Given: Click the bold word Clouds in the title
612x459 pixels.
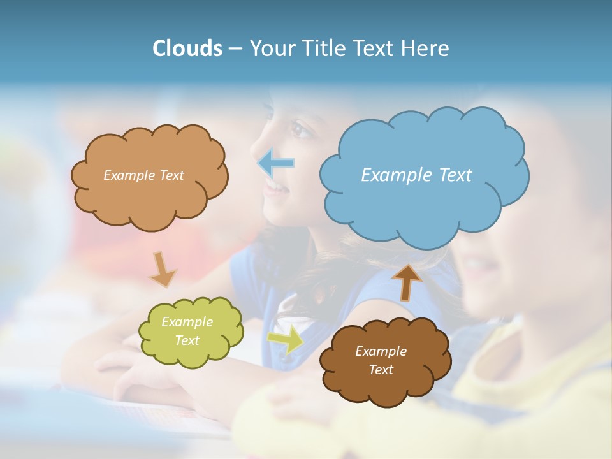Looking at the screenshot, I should [187, 48].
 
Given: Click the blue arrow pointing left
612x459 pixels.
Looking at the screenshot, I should [276, 163].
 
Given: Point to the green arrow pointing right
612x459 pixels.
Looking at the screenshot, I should [286, 340].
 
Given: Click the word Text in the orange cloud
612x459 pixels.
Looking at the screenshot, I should [171, 175].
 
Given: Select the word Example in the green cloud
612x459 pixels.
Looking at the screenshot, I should [187, 322].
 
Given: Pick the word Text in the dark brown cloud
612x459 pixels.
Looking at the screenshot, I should [381, 370].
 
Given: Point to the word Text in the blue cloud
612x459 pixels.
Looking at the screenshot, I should [454, 175].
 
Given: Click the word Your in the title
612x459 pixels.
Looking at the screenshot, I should [269, 48].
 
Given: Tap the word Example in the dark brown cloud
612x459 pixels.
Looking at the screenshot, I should [381, 351].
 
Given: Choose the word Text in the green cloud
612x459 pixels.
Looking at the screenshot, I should [187, 340].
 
